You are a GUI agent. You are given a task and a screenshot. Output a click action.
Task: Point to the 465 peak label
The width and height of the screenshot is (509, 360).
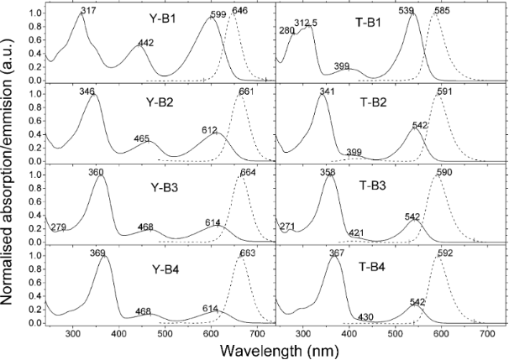click(143, 138)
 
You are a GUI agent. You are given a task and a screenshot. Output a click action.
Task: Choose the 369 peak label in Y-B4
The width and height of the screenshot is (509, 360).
click(103, 252)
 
